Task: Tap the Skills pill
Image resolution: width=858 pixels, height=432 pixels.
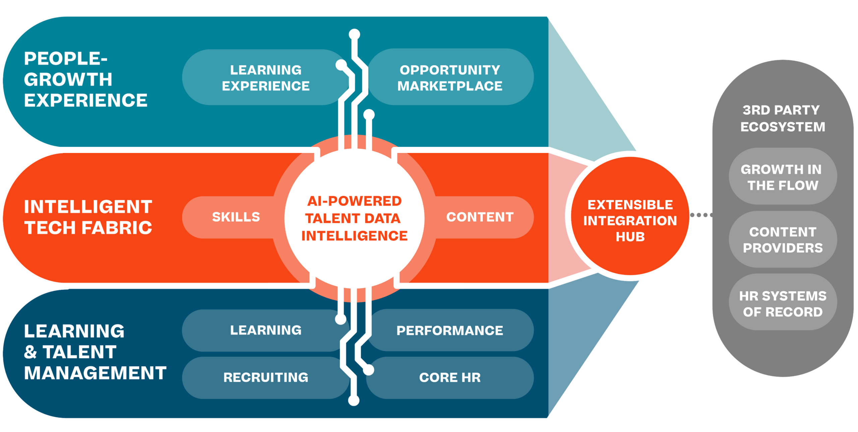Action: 235,217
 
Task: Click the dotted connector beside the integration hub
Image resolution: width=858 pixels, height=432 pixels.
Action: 700,215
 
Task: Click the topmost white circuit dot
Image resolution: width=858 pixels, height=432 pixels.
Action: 354,34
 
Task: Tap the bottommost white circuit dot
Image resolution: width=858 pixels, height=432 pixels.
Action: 353,400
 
